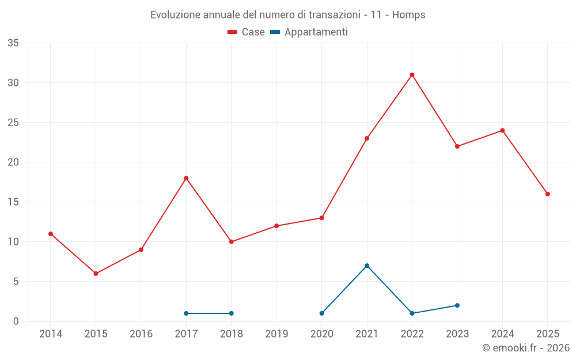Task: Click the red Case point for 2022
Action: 412,75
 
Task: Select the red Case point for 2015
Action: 96,274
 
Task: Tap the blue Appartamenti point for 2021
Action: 367,266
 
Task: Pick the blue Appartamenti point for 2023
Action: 457,305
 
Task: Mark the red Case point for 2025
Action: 548,194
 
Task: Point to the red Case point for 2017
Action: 186,178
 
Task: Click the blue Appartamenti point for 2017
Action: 186,313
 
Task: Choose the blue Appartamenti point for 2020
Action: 321,313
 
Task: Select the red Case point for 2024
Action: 502,130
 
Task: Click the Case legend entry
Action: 247,32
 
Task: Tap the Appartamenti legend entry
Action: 309,32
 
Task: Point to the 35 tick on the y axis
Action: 13,43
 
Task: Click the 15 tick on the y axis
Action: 13,202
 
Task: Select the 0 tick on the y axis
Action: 16,321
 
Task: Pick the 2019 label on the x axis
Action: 276,334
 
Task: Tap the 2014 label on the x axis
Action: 51,334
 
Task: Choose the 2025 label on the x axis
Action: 548,334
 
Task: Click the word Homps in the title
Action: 409,15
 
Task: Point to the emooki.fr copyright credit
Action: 526,348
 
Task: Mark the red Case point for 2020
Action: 321,218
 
